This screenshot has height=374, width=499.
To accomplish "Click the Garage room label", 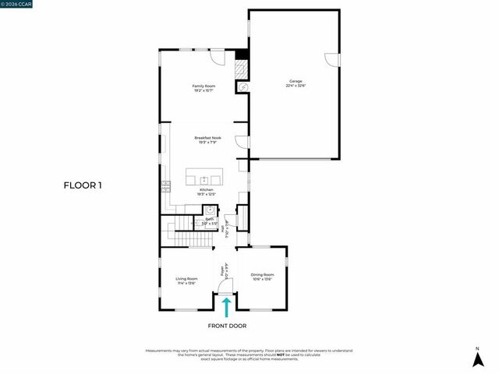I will coord(296,83).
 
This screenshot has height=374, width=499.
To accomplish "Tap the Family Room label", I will coord(203,88).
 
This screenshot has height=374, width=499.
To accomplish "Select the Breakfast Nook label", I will coord(207,140).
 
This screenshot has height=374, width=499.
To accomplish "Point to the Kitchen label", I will coord(206,192).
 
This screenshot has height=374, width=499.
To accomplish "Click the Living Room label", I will coord(186,280).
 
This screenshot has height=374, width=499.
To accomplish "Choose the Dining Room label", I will coord(263,277).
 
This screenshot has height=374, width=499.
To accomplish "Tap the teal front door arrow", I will coord(227,305).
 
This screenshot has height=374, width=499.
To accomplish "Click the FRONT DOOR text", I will coord(227,326).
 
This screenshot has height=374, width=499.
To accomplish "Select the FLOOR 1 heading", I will coord(83,185).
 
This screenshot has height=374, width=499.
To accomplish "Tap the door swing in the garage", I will coord(333,59).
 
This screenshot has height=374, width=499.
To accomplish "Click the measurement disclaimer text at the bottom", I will coord(249,355).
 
